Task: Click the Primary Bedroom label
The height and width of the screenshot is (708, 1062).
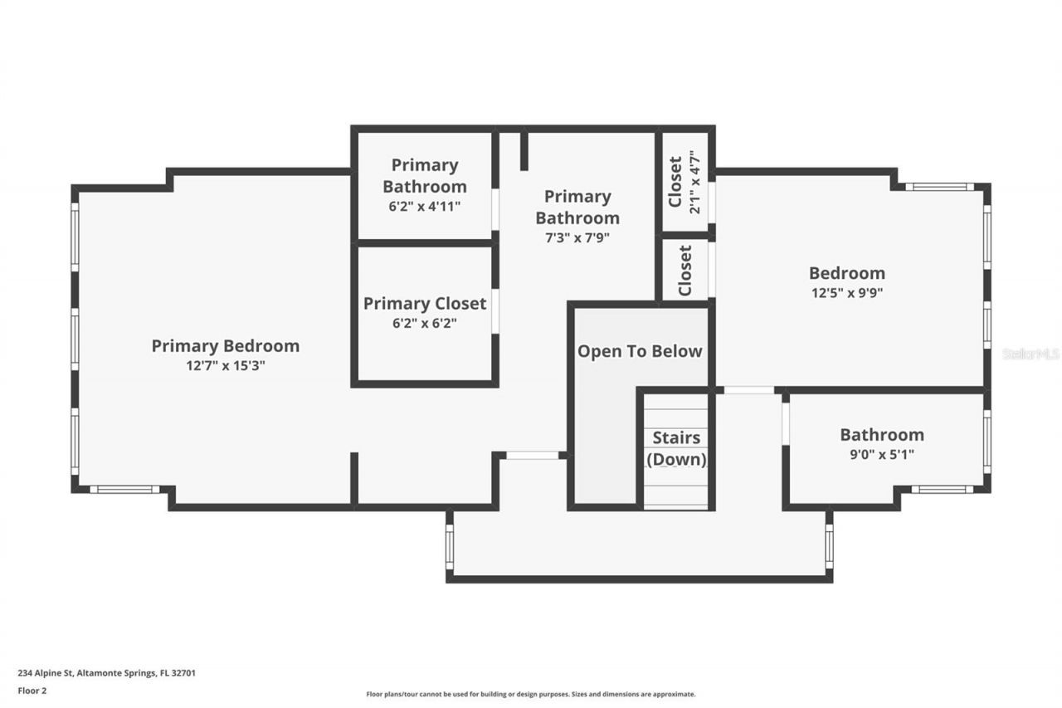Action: (225, 346)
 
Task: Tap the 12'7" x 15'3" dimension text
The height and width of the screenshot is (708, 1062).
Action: (225, 365)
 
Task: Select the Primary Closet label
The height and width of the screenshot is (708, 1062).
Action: (425, 304)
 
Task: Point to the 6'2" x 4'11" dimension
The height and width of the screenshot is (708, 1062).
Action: (425, 207)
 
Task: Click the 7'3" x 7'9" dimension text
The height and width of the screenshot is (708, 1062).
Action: (577, 237)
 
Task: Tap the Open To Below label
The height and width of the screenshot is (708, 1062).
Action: (640, 351)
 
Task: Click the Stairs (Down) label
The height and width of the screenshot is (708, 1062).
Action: (676, 448)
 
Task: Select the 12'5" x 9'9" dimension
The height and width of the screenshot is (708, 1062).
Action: (847, 293)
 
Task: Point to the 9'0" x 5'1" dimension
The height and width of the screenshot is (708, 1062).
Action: (882, 454)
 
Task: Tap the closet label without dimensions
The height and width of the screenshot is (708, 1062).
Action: (685, 271)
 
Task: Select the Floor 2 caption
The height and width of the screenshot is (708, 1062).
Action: (32, 691)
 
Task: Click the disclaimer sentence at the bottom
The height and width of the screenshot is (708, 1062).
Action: (531, 694)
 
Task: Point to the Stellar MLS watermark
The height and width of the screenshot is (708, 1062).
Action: (1030, 354)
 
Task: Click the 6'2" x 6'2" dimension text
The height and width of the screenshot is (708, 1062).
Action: (425, 323)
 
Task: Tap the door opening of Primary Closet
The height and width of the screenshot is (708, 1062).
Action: (495, 311)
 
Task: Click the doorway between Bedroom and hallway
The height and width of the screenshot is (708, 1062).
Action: (749, 390)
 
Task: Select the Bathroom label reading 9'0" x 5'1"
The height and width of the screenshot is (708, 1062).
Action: (882, 435)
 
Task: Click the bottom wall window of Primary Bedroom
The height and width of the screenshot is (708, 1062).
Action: (125, 490)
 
